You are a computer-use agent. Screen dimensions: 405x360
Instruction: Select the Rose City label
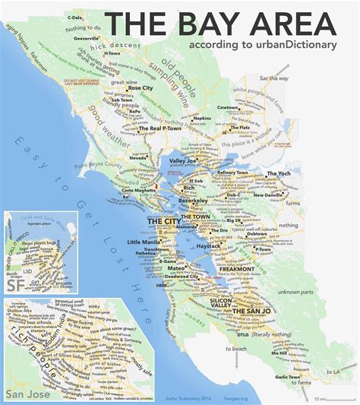(140, 88)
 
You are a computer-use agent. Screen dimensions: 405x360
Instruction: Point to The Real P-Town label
(161, 130)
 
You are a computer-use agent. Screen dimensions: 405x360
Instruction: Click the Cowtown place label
(227, 109)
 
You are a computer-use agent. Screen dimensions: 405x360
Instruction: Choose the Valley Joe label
(184, 161)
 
